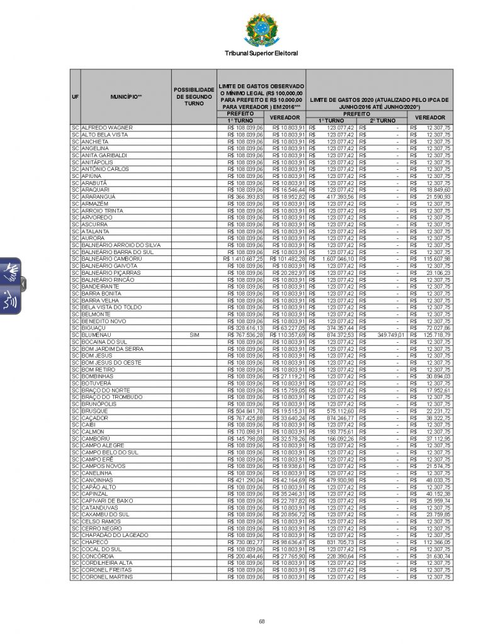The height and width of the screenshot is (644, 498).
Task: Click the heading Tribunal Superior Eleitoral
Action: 261,53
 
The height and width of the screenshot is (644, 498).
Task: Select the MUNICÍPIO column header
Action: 126,97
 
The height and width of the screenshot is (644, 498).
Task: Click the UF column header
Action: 76,97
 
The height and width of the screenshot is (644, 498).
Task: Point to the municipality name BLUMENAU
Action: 96,335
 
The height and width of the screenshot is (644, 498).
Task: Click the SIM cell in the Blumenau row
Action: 194,335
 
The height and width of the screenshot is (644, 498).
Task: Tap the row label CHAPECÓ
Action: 95,542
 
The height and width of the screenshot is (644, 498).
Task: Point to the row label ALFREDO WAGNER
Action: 107,128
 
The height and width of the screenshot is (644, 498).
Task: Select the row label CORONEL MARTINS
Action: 108,577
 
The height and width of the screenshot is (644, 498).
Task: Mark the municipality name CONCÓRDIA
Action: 98,556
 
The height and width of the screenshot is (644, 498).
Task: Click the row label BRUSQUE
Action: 94,411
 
